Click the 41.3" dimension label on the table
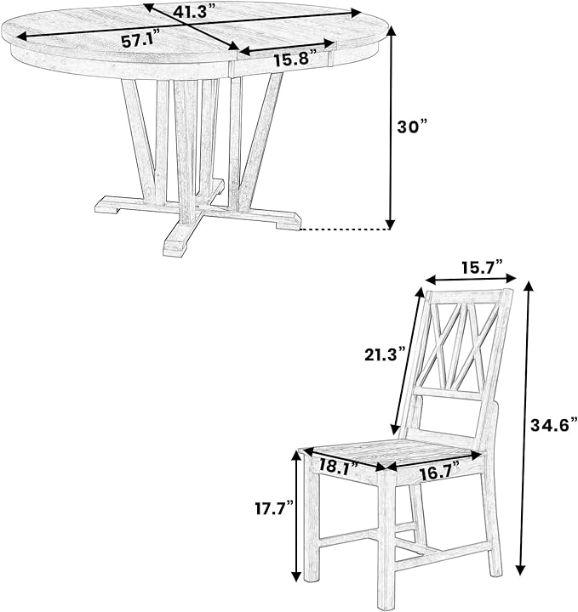coord(194,12)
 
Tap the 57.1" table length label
coord(141,40)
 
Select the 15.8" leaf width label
coord(292,59)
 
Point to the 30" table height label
coord(412,127)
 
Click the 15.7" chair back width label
coord(482,268)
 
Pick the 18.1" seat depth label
coord(339,465)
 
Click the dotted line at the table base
coord(344,229)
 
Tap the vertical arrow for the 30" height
coord(392,128)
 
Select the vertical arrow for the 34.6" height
coord(524,428)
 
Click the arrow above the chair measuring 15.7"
coord(471,279)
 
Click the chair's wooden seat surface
coord(395,454)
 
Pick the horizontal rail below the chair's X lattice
coord(449,394)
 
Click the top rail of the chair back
coord(469,297)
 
